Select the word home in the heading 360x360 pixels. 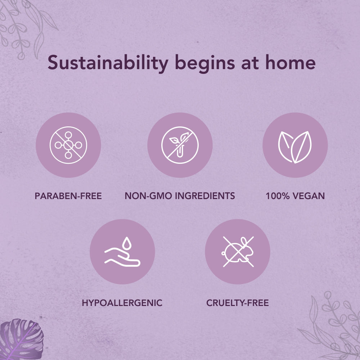(x=291, y=62)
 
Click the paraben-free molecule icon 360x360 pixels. (x=68, y=145)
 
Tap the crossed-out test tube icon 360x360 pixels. (x=180, y=145)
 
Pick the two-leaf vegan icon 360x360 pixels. (x=295, y=147)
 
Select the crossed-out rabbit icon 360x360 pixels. (x=238, y=252)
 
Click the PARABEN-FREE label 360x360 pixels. (x=68, y=196)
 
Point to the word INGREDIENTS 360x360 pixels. (x=205, y=196)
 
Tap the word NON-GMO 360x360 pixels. (x=148, y=196)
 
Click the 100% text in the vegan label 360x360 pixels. (x=278, y=196)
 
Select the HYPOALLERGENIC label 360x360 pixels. (x=122, y=303)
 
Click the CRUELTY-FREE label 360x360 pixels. (x=238, y=303)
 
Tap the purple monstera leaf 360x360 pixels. (x=21, y=340)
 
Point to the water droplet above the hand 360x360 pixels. (x=126, y=243)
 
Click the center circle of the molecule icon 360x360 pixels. (x=68, y=145)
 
